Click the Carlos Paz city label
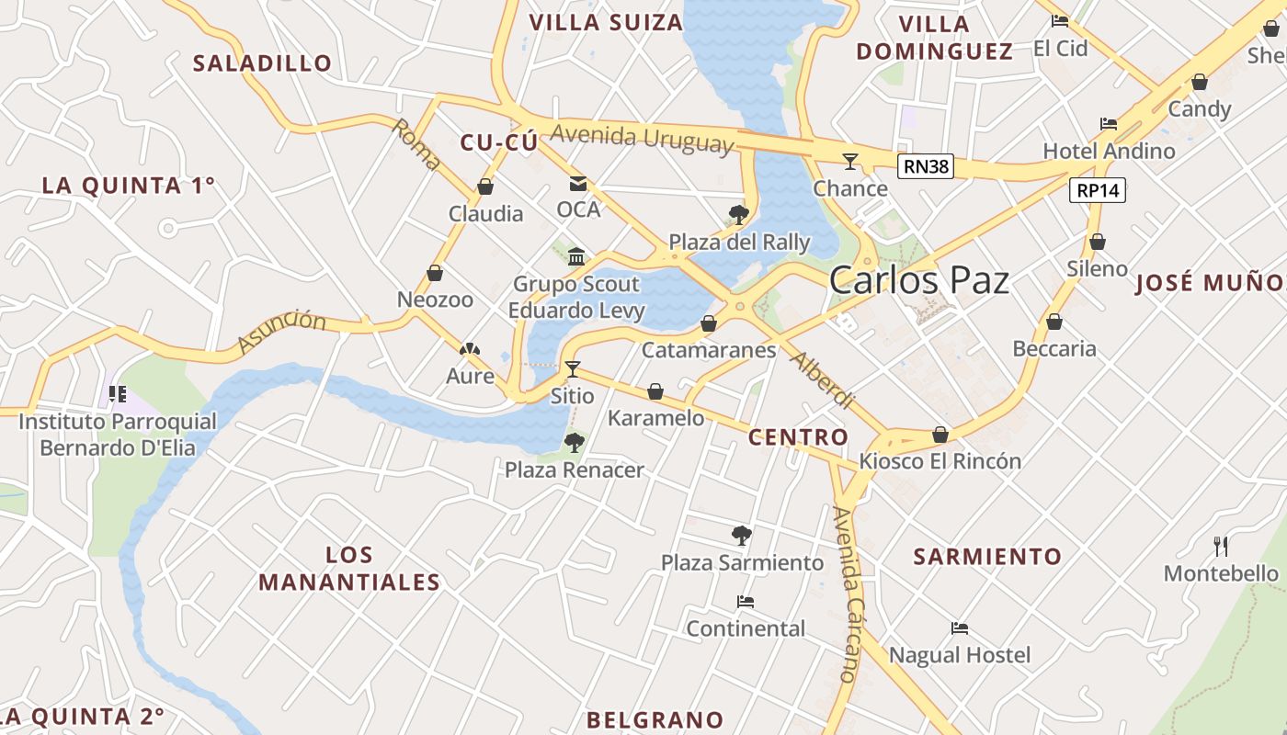pyautogui.click(x=918, y=280)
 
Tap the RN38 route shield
pyautogui.click(x=925, y=166)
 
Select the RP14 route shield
pyautogui.click(x=1098, y=191)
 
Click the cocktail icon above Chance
pyautogui.click(x=850, y=162)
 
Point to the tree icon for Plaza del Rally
pyautogui.click(x=737, y=215)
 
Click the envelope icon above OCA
pyautogui.click(x=577, y=183)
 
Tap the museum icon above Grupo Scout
pyautogui.click(x=576, y=256)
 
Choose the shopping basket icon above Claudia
pyautogui.click(x=485, y=187)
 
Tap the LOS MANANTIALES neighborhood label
pyautogui.click(x=349, y=568)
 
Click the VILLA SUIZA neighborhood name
pyautogui.click(x=606, y=22)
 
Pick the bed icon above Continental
pyautogui.click(x=746, y=602)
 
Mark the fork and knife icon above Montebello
pyautogui.click(x=1221, y=547)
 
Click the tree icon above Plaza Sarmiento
pyautogui.click(x=742, y=535)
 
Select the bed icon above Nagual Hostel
pyautogui.click(x=960, y=628)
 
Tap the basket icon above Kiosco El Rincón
pyautogui.click(x=940, y=435)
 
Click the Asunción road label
pyautogui.click(x=281, y=332)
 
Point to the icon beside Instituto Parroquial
pyautogui.click(x=117, y=394)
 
